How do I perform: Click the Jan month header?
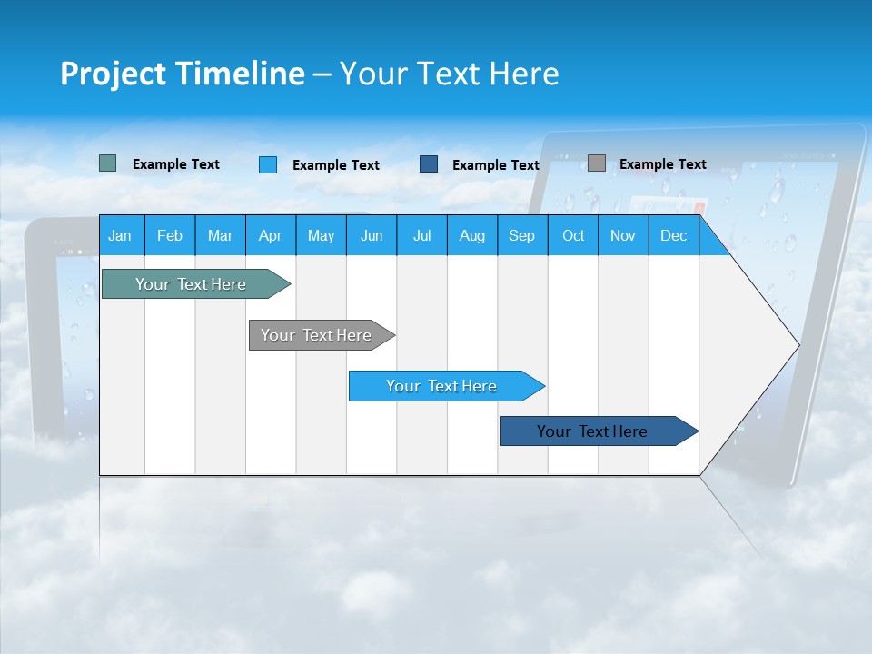coord(121,235)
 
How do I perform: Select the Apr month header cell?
coord(271,235)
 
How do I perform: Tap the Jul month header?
coord(421,235)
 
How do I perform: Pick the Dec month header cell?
coord(673,235)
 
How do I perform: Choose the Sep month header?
coord(522,235)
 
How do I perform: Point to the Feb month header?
coord(170,235)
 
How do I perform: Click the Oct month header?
coord(573,235)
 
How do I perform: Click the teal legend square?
coord(108,163)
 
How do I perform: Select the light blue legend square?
coord(268,164)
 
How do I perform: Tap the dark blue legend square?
coord(429,164)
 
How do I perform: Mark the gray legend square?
coord(597,163)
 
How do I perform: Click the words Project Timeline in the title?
coord(182,74)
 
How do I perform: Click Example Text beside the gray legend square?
coord(662,164)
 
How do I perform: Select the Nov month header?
coord(623,235)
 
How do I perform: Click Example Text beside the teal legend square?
coord(176,164)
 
